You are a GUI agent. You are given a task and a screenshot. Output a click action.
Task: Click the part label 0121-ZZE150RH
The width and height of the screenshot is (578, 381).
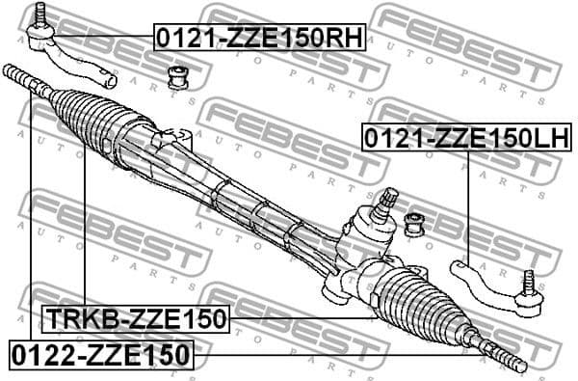pos(259,39)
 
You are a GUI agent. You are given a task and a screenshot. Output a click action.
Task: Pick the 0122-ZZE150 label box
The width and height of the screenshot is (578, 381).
pos(101,354)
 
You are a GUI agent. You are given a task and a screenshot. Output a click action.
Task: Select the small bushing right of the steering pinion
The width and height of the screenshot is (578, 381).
pos(416,225)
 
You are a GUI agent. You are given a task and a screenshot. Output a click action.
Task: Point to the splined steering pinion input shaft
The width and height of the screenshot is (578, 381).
pos(387,202)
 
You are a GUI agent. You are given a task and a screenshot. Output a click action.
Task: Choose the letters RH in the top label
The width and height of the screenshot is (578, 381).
pos(342,39)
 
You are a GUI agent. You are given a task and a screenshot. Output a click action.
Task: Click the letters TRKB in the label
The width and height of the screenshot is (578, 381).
pos(74,318)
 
